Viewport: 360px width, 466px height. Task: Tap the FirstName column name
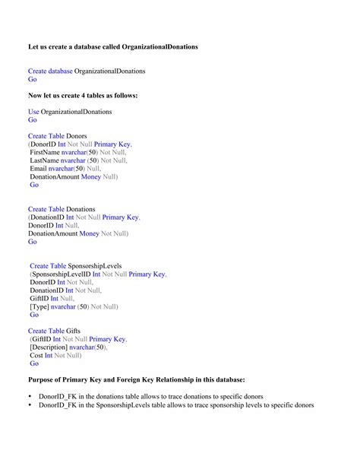pos(44,152)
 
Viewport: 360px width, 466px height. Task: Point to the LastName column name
pos(44,160)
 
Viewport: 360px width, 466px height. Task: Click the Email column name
pos(38,169)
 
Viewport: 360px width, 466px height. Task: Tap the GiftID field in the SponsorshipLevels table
pos(39,299)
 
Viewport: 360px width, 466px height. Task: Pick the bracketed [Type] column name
pos(39,307)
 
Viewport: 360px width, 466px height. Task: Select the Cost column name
pos(36,355)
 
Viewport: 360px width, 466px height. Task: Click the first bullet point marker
pos(30,397)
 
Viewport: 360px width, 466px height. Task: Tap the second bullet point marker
pos(30,405)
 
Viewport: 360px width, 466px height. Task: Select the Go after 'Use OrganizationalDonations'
pos(32,120)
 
